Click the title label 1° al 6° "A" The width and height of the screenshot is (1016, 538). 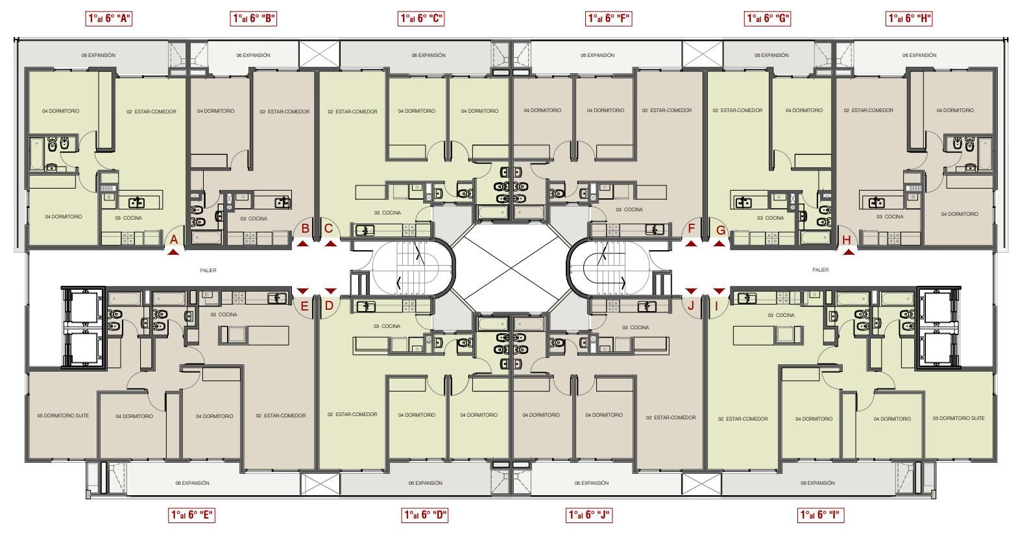(x=109, y=19)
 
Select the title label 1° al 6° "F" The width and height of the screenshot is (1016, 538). (x=609, y=19)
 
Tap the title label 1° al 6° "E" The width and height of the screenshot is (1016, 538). (x=191, y=515)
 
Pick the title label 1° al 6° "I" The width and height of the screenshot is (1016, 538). (x=821, y=515)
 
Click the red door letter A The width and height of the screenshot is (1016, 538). (x=174, y=240)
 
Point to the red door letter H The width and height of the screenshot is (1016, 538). (x=847, y=240)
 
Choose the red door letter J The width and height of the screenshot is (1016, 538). (x=691, y=305)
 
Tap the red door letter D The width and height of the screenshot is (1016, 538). (x=329, y=305)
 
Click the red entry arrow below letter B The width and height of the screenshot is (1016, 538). (x=303, y=244)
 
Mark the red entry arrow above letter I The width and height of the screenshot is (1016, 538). (x=720, y=291)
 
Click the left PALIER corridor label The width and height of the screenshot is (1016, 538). (x=208, y=270)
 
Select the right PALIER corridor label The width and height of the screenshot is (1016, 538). (x=820, y=270)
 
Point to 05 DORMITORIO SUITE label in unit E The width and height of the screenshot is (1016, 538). (x=63, y=415)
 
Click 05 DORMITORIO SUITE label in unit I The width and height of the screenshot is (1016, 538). (x=958, y=418)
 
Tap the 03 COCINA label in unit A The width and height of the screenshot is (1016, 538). (x=128, y=218)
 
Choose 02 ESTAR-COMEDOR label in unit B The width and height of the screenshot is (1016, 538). (x=285, y=111)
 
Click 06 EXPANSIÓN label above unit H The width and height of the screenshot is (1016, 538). (x=919, y=55)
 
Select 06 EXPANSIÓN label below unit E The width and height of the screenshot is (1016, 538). (x=192, y=483)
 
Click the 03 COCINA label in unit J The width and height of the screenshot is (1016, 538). (x=635, y=327)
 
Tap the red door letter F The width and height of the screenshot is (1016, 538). (x=691, y=228)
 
